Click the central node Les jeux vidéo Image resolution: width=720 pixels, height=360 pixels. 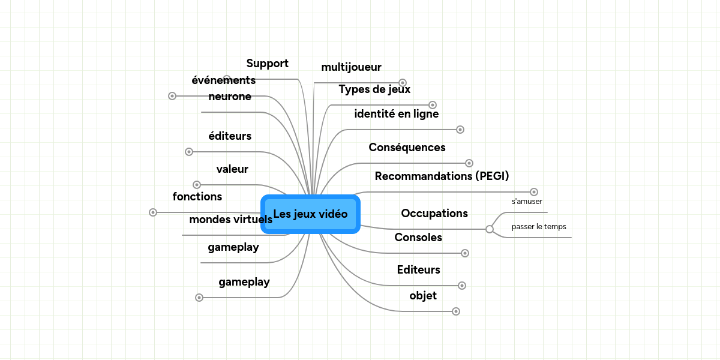click(310, 214)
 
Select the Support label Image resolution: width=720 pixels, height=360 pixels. click(267, 64)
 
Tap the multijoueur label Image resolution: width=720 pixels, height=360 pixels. click(351, 67)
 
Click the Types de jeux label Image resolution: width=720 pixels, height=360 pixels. click(374, 89)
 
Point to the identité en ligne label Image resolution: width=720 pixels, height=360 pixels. click(396, 114)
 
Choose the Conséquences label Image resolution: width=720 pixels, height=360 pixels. click(407, 148)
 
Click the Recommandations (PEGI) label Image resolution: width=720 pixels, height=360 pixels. click(442, 176)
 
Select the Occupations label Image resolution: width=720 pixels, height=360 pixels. click(434, 214)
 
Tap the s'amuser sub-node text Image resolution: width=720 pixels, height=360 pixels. click(527, 202)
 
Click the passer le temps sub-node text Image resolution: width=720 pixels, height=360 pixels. click(539, 227)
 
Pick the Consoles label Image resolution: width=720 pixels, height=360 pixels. click(418, 238)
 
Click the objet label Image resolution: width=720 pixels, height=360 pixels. click(423, 296)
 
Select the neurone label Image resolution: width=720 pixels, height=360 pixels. click(230, 97)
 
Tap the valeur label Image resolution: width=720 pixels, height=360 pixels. click(232, 169)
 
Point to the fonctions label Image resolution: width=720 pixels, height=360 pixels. click(197, 197)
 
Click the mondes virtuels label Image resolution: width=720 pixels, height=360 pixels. click(231, 220)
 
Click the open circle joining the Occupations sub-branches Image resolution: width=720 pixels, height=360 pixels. click(490, 229)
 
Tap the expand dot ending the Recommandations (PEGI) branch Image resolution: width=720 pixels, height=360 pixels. click(534, 192)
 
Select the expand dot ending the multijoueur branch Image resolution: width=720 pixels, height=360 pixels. click(403, 83)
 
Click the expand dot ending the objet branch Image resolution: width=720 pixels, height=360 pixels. click(456, 311)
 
